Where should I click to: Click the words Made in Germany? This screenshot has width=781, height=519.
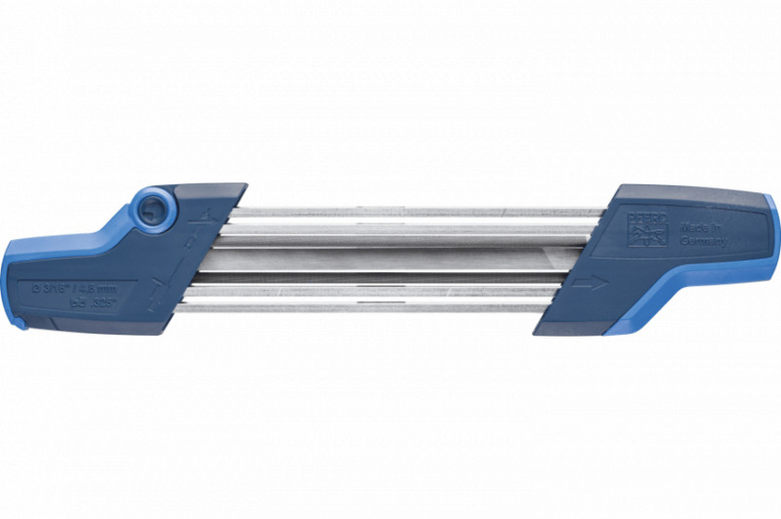click(x=700, y=234)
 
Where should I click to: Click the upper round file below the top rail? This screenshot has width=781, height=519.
click(x=410, y=231)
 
